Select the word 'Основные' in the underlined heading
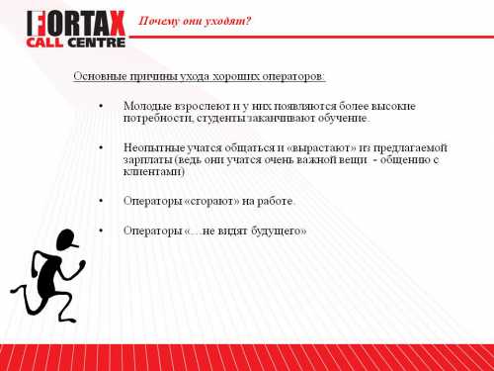click(99, 76)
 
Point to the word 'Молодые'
click(146, 105)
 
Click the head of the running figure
click(65, 240)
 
